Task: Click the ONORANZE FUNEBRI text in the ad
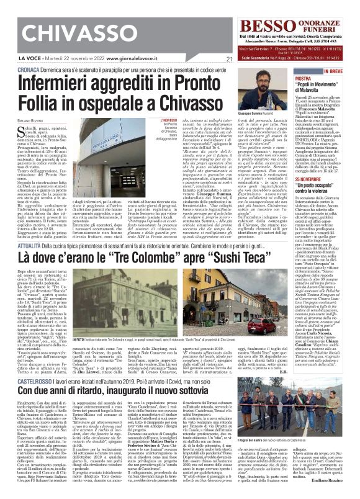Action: tap(322, 27)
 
